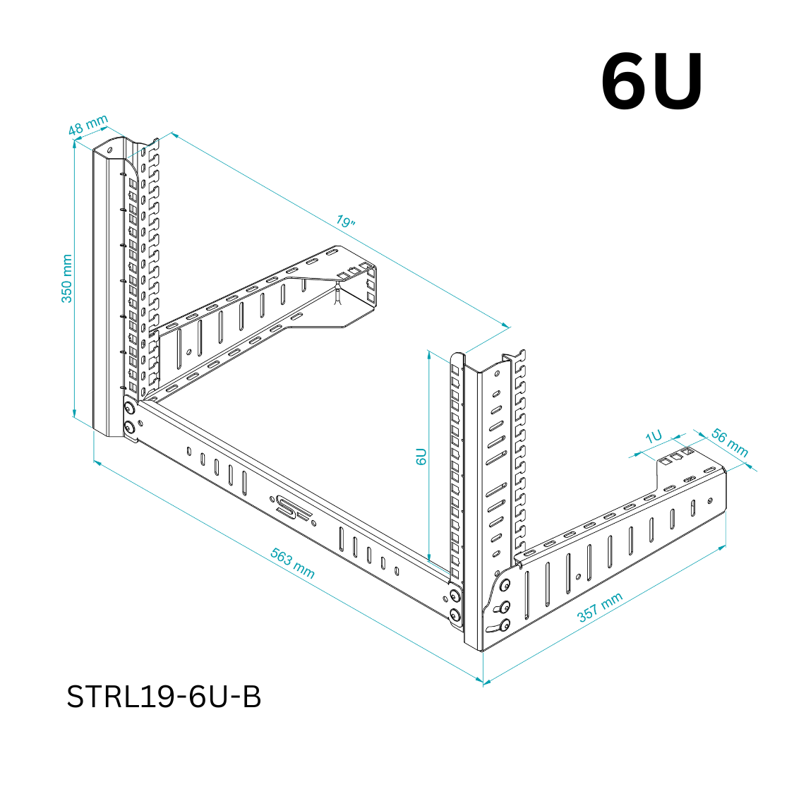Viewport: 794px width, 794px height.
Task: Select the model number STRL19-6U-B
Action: click(x=164, y=697)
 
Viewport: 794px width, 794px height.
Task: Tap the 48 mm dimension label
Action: click(x=88, y=125)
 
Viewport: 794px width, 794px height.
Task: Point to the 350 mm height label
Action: click(x=66, y=279)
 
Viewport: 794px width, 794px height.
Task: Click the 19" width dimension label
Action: click(x=345, y=222)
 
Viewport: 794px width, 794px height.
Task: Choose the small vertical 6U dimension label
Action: click(x=421, y=456)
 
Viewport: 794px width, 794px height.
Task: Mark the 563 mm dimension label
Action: click(x=292, y=563)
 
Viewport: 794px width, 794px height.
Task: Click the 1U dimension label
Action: click(x=654, y=436)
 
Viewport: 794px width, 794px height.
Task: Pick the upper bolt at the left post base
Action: click(x=129, y=409)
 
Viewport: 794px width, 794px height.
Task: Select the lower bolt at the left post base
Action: click(x=129, y=427)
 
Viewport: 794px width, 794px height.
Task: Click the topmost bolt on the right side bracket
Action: click(x=505, y=585)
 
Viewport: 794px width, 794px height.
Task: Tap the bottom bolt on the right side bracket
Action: click(x=504, y=625)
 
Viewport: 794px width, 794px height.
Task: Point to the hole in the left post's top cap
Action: click(x=109, y=150)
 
